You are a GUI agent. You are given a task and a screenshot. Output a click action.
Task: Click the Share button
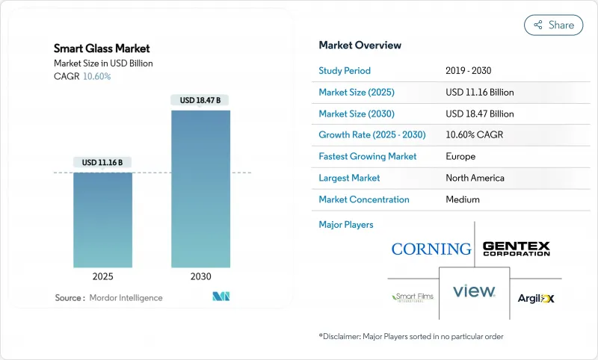[x=553, y=25]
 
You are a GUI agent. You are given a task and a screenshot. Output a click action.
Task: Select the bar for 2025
[x=102, y=220]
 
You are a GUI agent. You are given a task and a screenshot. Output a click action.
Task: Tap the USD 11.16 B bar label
[x=102, y=162]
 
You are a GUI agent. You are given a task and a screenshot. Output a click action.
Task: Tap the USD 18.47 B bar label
[x=200, y=100]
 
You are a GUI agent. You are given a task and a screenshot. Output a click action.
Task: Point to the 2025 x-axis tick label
[x=102, y=276]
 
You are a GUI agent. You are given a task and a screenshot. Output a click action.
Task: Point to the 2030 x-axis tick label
[x=200, y=276]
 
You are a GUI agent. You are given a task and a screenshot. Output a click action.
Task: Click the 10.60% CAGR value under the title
[x=96, y=76]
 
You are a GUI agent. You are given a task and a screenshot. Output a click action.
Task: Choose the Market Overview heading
[x=360, y=45]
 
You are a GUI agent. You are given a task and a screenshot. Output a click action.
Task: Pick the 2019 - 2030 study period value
[x=469, y=71]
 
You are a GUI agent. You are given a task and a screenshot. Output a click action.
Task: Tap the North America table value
[x=474, y=178]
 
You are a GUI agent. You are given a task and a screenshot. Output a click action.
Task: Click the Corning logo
[x=431, y=249]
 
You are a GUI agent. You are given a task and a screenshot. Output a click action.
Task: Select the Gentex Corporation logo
[x=516, y=249]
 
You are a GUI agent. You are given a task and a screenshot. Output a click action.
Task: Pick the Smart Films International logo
[x=412, y=297]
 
